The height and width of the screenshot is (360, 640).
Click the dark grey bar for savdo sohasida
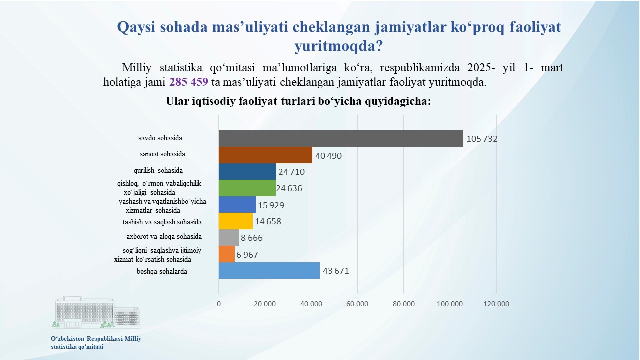pyautogui.click(x=341, y=139)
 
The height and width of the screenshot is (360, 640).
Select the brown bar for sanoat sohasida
pyautogui.click(x=265, y=155)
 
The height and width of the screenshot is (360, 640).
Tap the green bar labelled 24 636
pyautogui.click(x=247, y=188)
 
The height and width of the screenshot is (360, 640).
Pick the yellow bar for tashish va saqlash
pyautogui.click(x=236, y=221)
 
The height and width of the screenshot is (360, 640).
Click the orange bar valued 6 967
pyautogui.click(x=227, y=254)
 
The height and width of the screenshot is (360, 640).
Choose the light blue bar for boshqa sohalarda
pyautogui.click(x=269, y=271)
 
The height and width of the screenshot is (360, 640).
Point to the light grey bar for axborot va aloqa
pyautogui.click(x=229, y=237)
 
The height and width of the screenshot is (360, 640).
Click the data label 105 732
pyautogui.click(x=482, y=139)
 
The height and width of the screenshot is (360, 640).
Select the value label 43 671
pyautogui.click(x=336, y=271)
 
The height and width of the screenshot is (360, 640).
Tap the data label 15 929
pyautogui.click(x=271, y=205)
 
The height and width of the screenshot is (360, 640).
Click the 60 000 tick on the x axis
pyautogui.click(x=357, y=304)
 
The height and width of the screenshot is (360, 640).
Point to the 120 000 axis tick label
pyautogui.click(x=496, y=304)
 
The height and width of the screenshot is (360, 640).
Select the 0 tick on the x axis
pyautogui.click(x=219, y=304)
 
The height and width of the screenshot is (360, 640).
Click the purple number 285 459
pyautogui.click(x=189, y=82)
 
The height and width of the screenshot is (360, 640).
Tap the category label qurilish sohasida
pyautogui.click(x=158, y=170)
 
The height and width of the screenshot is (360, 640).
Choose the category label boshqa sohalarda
pyautogui.click(x=162, y=271)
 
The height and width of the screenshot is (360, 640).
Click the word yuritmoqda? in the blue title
pyautogui.click(x=338, y=46)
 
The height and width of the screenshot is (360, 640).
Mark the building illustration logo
pyautogui.click(x=96, y=312)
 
